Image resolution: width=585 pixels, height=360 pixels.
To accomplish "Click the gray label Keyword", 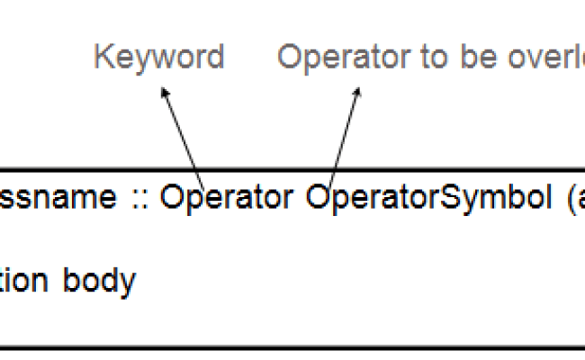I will point(158,58).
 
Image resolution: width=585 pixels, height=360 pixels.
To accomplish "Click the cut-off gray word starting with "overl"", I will point(536,58).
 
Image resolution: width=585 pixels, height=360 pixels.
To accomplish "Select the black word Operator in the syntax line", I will point(226,199).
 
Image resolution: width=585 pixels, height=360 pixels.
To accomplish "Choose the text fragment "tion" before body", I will point(25,281).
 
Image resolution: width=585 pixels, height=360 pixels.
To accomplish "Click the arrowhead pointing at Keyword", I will point(164,93).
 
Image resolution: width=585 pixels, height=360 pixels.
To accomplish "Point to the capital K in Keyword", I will point(103,58).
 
